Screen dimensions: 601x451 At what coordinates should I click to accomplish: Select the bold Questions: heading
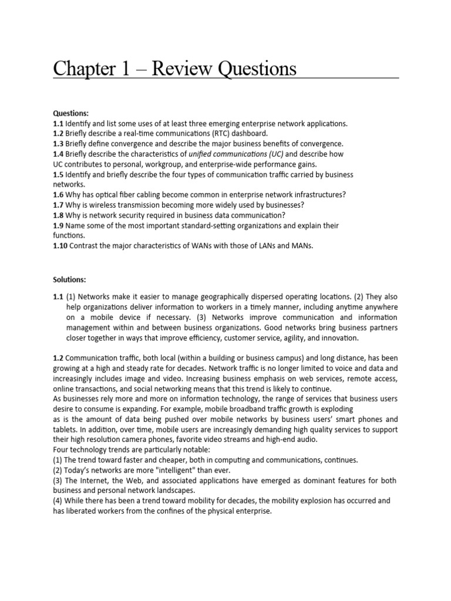72,113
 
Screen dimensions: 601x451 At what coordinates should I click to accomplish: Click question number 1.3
59,143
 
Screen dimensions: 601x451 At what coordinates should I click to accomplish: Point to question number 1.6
59,195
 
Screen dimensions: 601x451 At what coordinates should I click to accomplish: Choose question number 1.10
60,246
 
